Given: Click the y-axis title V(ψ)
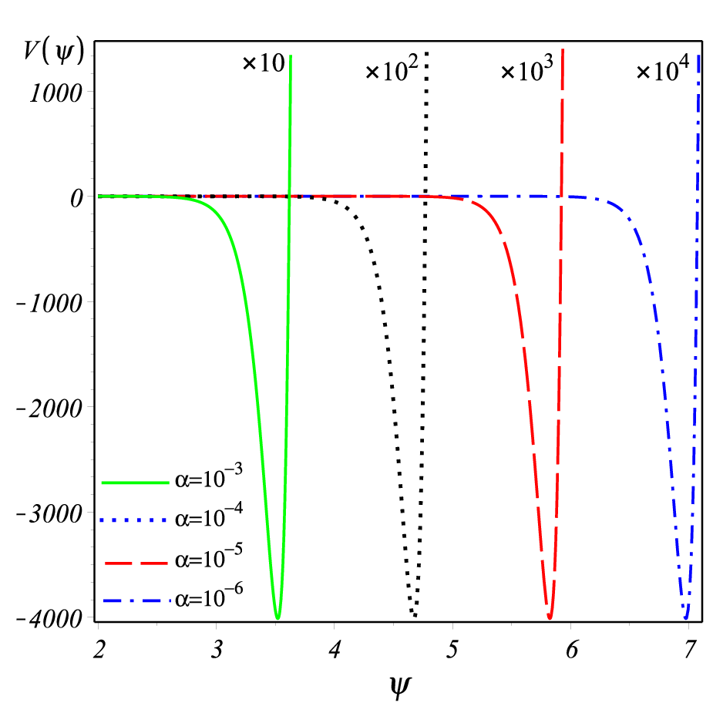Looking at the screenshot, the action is (54, 52).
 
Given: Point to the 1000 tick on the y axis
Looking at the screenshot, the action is (56, 93).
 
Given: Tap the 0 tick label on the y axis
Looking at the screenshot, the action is (77, 198).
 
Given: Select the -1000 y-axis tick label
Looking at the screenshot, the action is (49, 303).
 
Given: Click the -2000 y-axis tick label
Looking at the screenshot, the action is (49, 409).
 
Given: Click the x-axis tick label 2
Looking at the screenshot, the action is (99, 649).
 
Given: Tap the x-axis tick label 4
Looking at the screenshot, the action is (335, 649).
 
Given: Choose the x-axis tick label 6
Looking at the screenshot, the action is (571, 649).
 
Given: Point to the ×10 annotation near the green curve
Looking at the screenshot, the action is (264, 62).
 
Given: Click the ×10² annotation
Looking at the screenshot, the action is (392, 69).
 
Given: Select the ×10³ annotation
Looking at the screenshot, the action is (527, 69).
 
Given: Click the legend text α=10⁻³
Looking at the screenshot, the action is (209, 476).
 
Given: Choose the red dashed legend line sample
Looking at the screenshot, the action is (136, 563).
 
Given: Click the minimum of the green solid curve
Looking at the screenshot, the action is (277, 618).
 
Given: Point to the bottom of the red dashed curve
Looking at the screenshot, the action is (550, 617).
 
